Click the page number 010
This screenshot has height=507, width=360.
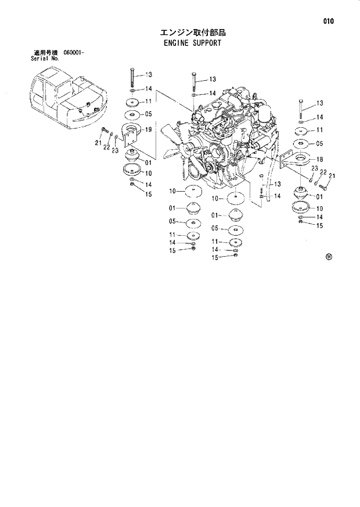(x=329, y=21)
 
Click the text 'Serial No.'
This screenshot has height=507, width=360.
(x=45, y=59)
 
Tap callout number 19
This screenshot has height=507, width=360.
(x=149, y=130)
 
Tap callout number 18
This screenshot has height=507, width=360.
(x=319, y=159)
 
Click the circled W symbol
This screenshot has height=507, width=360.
(x=329, y=255)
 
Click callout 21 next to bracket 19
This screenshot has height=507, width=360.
(x=98, y=142)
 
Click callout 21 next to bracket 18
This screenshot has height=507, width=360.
(x=332, y=177)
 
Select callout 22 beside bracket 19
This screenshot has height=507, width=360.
(x=106, y=148)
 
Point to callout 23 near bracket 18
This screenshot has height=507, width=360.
(x=314, y=169)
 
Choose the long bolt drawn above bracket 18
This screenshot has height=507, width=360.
(x=301, y=107)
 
